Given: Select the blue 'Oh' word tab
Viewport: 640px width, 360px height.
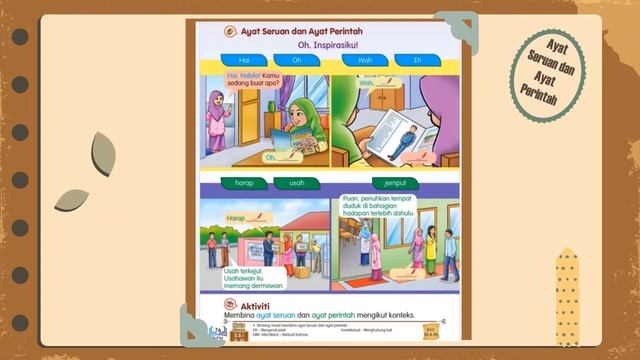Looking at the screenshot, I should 297,60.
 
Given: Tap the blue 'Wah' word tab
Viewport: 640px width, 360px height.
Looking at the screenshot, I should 365,60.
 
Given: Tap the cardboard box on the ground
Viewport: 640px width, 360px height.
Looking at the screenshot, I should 301,270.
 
